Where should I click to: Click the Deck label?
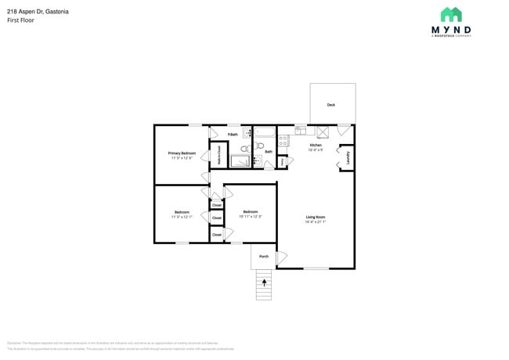[331, 105]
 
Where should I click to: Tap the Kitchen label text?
[316, 146]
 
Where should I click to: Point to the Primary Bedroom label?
[182, 153]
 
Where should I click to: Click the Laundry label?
[347, 157]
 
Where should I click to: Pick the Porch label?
[263, 256]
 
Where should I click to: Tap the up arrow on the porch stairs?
[264, 283]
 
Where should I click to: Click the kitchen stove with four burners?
[283, 142]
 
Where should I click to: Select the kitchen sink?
[301, 130]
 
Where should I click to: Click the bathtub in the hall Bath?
[265, 131]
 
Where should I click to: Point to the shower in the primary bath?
[240, 161]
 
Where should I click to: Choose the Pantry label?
[283, 162]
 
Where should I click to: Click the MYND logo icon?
[450, 14]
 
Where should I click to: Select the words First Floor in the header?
[21, 20]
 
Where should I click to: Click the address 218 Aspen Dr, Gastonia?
[38, 11]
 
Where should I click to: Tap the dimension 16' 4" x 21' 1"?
[315, 222]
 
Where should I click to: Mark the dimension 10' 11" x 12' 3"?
[251, 216]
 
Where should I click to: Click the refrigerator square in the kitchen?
[322, 131]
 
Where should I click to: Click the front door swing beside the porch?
[282, 257]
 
